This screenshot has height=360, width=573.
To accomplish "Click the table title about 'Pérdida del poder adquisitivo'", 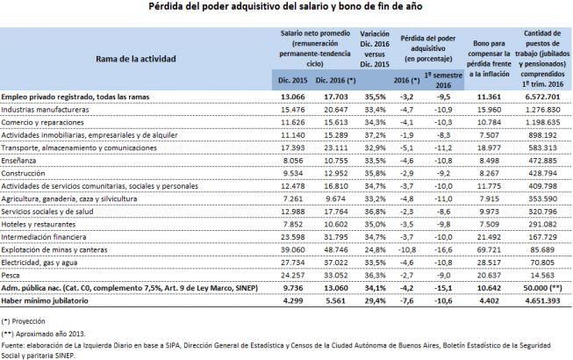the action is point(285,6).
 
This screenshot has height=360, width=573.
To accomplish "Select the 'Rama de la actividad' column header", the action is point(136,59).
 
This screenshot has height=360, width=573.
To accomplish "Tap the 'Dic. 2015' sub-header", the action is point(293,81).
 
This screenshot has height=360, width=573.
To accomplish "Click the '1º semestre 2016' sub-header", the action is point(443,80).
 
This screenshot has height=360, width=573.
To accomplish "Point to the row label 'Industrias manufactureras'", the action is point(45,110).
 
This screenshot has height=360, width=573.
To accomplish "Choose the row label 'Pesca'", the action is point(11,275).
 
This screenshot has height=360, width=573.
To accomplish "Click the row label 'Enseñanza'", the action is point(18,161).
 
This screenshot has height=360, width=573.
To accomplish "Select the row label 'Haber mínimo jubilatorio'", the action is point(45,301).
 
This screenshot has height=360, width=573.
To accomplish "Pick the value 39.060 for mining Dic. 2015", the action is point(293,250).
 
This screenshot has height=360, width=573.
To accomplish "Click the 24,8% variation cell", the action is point(375,250).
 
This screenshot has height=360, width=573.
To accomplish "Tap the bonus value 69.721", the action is point(489,250).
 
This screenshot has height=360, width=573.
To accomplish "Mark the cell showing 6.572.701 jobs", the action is point(542,97).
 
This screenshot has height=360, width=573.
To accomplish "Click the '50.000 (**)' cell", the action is point(542,288).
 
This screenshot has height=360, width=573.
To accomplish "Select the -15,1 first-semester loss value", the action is point(443,288).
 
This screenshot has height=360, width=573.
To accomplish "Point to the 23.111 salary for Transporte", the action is point(336,148).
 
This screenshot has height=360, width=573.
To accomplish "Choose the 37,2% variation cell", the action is point(375,135).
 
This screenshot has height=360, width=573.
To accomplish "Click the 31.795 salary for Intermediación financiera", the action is point(336,237).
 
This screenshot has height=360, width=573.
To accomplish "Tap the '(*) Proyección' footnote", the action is point(24,321).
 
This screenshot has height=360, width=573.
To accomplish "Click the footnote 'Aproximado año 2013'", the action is point(50,334).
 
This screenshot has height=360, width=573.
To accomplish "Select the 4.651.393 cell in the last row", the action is point(542,301).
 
